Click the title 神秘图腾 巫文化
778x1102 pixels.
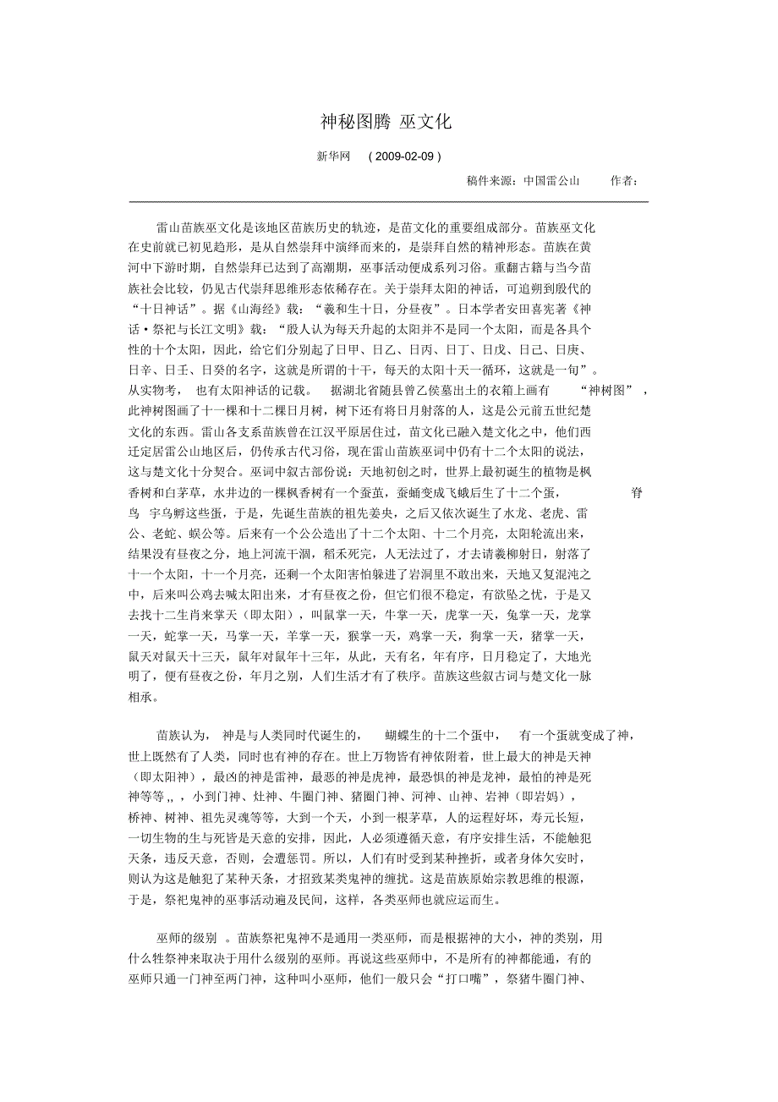[x=386, y=122]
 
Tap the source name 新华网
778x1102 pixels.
[x=333, y=156]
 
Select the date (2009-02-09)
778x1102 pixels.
[x=405, y=156]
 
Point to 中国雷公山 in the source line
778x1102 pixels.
[x=551, y=180]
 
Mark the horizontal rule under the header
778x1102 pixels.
[x=388, y=201]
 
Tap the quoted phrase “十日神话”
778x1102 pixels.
[x=165, y=309]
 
